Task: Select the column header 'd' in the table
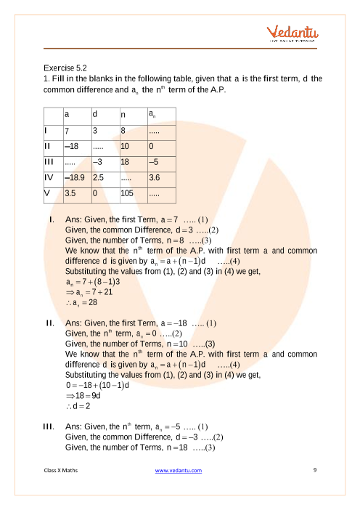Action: [95, 115]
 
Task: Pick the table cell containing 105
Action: [128, 194]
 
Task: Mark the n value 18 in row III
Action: [126, 161]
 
